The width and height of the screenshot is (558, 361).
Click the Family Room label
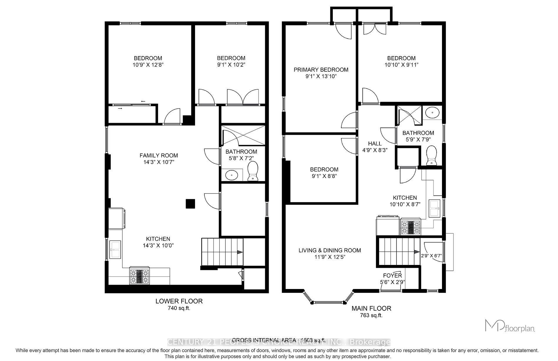click(159, 155)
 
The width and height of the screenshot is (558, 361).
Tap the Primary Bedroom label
click(321, 70)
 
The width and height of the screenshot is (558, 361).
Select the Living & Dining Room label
click(330, 250)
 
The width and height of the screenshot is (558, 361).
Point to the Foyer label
click(392, 276)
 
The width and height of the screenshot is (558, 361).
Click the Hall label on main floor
click(375, 143)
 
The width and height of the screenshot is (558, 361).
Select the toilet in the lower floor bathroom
click(253, 172)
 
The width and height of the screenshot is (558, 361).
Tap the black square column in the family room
click(190, 204)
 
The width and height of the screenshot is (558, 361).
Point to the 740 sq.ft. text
click(179, 308)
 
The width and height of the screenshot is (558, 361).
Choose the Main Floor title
click(371, 308)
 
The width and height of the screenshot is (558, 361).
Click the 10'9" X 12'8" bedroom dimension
click(148, 65)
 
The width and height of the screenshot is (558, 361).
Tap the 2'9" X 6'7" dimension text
click(431, 256)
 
